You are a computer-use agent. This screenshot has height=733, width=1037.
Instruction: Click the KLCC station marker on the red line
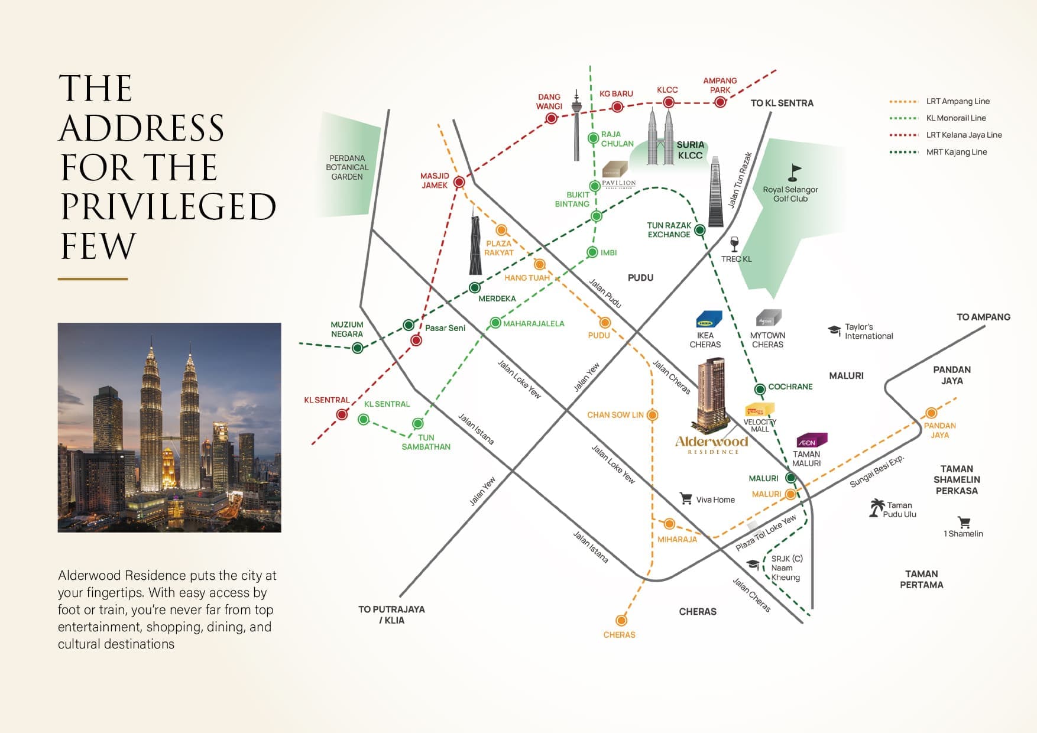[669, 102]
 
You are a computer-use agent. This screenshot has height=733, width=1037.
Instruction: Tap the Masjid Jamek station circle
[459, 182]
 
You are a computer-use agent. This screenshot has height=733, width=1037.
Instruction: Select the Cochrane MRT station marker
[760, 389]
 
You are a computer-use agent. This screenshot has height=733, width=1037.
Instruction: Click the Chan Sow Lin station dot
[653, 415]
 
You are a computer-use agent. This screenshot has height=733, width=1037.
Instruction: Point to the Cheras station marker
[621, 620]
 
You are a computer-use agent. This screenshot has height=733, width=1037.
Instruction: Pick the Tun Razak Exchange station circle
[700, 229]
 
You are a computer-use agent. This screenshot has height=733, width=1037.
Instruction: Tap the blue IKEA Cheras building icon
[709, 319]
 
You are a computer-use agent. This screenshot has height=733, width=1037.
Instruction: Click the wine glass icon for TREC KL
[734, 244]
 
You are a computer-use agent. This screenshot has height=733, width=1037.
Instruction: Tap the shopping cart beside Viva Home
[686, 498]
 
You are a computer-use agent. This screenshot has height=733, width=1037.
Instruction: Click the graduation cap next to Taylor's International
[834, 330]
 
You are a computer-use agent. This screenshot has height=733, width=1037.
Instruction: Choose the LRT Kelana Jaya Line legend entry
[945, 135]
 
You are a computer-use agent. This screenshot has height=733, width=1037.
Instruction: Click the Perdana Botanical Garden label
[347, 167]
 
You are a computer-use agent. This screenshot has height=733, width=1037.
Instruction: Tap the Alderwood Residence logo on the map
[712, 445]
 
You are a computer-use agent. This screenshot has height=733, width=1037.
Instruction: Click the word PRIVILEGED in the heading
[168, 206]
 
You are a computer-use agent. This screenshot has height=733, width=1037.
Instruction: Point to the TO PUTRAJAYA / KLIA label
[391, 615]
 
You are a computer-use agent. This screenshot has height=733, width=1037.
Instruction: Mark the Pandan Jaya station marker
[931, 413]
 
